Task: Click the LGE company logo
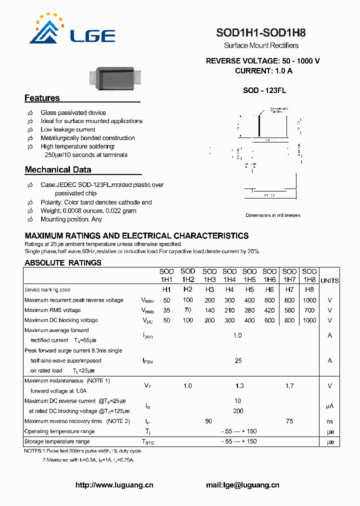(72, 30)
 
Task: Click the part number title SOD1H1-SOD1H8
(260, 33)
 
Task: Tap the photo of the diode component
(114, 77)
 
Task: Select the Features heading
(42, 98)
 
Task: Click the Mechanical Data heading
(58, 170)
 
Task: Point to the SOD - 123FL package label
(264, 90)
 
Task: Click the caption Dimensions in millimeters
(272, 215)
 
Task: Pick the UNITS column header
(329, 281)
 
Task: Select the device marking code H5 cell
(249, 290)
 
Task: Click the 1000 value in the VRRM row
(309, 300)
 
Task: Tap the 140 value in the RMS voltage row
(209, 310)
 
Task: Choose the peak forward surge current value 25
(238, 360)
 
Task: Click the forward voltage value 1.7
(289, 386)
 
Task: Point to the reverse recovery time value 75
(289, 421)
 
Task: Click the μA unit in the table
(329, 406)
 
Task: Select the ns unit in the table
(329, 421)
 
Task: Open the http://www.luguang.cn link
(114, 485)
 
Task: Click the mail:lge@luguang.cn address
(242, 485)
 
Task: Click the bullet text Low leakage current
(67, 129)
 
